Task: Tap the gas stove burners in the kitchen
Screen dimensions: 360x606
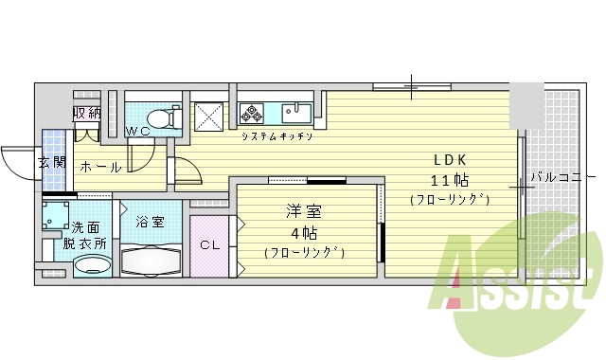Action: [253, 115]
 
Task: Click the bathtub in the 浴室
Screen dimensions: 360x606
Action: [150, 258]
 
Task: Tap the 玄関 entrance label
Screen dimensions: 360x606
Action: [51, 162]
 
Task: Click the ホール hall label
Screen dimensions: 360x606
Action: [99, 167]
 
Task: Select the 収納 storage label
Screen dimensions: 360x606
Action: [87, 113]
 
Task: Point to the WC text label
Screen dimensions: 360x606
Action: [138, 131]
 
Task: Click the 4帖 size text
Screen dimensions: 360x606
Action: [303, 232]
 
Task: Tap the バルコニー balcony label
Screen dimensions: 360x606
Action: [562, 177]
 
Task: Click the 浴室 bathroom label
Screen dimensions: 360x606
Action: [150, 223]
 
